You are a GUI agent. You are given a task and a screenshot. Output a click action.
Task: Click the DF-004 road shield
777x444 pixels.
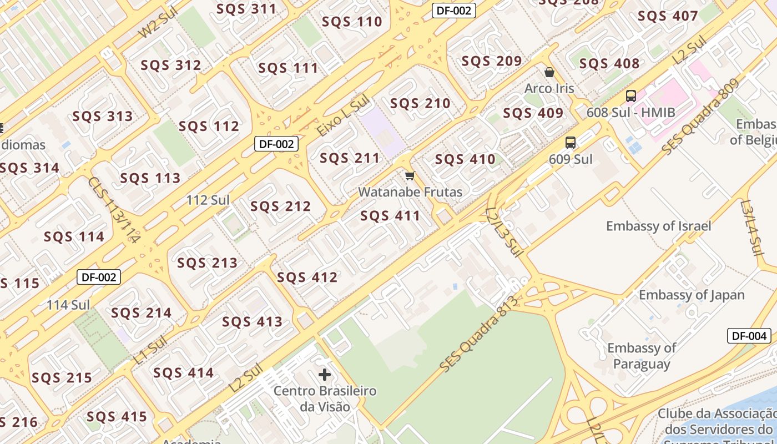749,336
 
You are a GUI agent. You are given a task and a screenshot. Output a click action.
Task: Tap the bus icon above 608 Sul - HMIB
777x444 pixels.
630,95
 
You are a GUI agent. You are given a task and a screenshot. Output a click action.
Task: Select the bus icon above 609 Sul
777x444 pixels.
570,142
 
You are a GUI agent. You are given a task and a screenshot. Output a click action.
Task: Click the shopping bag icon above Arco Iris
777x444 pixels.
549,72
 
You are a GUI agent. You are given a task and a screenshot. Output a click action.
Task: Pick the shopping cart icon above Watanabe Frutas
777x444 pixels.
410,176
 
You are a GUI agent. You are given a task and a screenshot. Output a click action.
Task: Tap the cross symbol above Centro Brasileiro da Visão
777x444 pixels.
325,375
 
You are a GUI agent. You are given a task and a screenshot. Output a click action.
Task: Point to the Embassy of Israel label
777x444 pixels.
658,226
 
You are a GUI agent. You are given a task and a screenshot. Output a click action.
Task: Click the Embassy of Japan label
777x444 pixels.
690,295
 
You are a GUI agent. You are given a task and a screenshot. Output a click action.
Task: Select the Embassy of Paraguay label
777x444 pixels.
642,356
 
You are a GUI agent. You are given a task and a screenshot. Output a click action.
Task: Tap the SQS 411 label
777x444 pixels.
390,216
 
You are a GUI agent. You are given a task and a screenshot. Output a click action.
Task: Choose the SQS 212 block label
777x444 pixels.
280,206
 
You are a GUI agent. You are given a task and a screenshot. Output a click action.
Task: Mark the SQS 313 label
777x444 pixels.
103,116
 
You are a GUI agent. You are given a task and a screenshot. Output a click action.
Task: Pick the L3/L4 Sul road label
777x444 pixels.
752,228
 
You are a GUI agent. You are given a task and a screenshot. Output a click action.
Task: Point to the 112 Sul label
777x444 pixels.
208,200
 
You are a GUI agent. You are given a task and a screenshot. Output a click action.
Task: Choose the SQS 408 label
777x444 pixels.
609,64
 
